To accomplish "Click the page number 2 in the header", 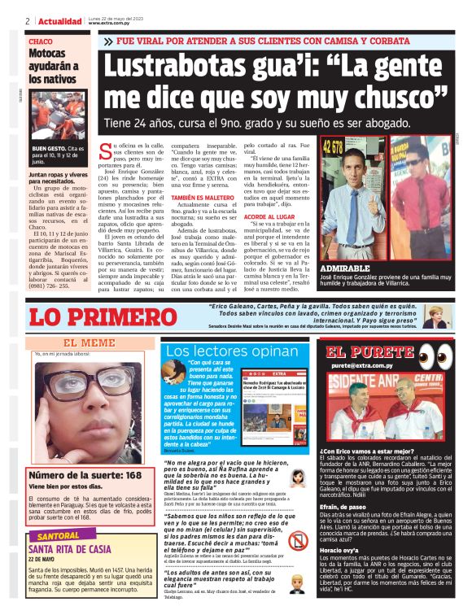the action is tap(28, 21).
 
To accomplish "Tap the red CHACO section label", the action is tap(40, 41).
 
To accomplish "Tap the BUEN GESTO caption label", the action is tap(47, 150).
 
